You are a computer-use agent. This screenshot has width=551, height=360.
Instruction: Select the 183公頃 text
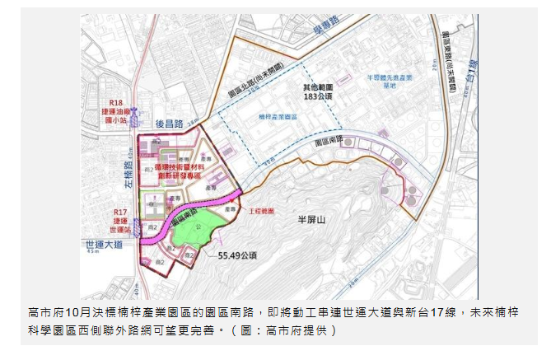coord(316,96)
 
